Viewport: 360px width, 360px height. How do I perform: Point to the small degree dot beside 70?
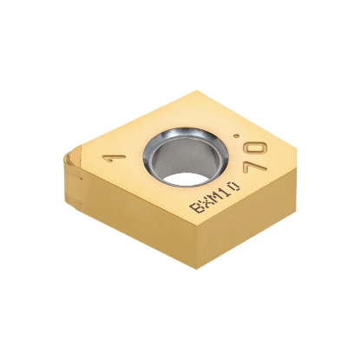[260, 129]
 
